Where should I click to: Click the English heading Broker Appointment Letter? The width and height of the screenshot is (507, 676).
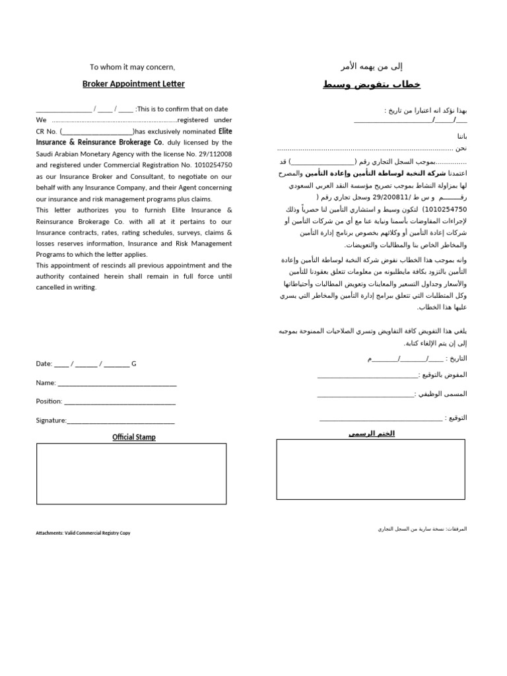(x=133, y=84)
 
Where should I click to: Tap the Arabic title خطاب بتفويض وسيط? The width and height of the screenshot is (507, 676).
(x=371, y=84)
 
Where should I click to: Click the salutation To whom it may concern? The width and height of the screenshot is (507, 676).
(x=133, y=67)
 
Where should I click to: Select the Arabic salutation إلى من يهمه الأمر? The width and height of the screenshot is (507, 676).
(x=371, y=67)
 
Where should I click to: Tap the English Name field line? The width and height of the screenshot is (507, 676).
(x=117, y=383)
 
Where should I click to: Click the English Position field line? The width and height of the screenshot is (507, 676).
(x=119, y=401)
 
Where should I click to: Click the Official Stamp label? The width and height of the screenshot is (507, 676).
(x=134, y=437)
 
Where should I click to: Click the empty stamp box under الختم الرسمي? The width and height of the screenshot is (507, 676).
(x=370, y=469)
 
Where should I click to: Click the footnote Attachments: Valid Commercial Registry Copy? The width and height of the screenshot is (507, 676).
(x=83, y=533)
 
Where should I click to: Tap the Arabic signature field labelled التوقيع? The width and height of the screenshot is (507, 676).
(x=381, y=418)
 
